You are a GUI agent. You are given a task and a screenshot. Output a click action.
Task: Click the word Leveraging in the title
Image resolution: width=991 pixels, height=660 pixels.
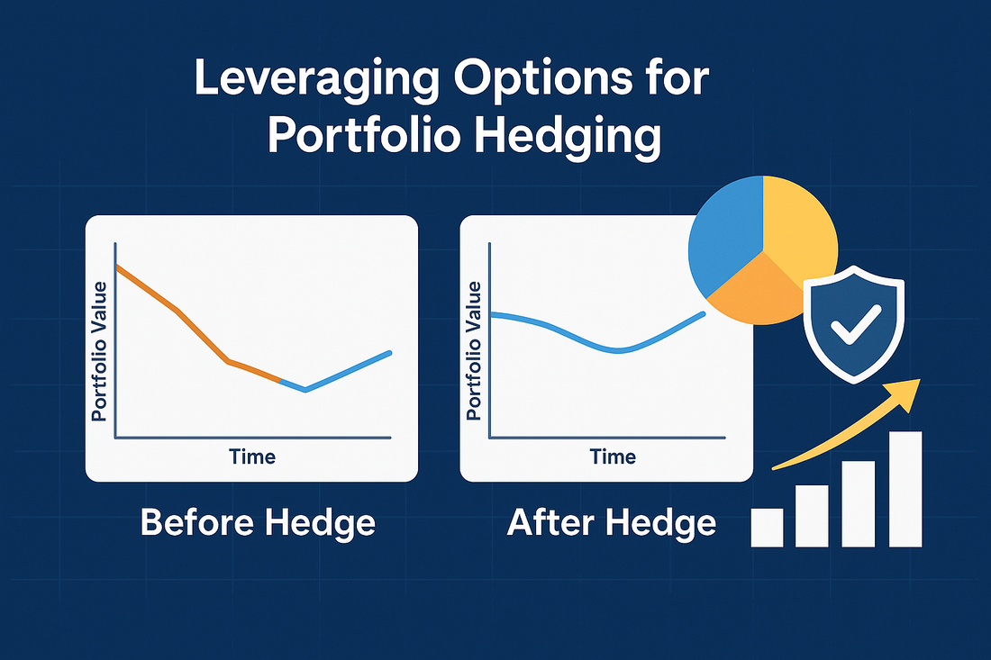click(316, 79)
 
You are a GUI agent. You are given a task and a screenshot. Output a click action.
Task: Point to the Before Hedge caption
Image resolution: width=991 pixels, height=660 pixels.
click(258, 523)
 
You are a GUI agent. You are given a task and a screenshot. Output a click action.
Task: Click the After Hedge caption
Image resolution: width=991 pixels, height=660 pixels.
click(612, 523)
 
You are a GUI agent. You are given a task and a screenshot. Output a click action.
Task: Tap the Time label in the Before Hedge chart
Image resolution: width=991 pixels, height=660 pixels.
click(252, 456)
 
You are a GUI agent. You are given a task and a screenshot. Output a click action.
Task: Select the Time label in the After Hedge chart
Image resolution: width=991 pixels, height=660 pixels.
click(613, 456)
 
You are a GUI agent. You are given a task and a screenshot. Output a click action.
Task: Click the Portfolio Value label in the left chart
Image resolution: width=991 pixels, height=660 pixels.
click(99, 351)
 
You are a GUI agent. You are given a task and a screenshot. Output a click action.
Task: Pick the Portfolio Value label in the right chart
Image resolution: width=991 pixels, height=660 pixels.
click(474, 351)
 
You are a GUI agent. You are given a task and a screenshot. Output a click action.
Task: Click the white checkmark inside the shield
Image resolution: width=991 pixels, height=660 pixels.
click(855, 323)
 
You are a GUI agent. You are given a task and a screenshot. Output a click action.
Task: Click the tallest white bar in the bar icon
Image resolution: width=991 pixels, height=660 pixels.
click(905, 489)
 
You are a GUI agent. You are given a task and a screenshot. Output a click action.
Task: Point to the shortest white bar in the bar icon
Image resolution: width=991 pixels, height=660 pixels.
click(767, 528)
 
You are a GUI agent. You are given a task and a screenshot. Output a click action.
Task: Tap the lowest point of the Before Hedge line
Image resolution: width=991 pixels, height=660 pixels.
click(305, 391)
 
